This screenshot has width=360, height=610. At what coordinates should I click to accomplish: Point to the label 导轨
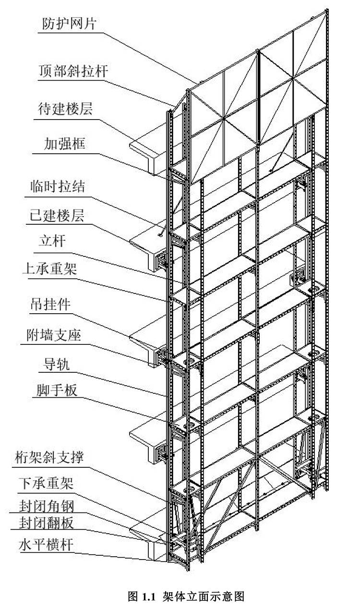coord(54,364)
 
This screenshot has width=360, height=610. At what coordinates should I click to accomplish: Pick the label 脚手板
coord(56,391)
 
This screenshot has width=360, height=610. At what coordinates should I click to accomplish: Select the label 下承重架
coord(46,483)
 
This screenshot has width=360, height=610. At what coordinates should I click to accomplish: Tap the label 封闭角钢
coord(47,506)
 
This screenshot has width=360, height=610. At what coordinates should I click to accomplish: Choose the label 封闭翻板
coord(47,522)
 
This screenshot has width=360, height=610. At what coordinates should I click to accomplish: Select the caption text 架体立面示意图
coord(204,597)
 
